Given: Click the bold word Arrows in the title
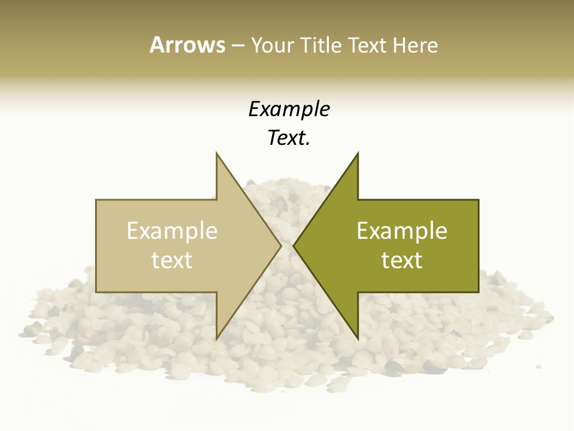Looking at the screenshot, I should coord(187,45).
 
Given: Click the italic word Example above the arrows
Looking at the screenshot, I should coord(289,110).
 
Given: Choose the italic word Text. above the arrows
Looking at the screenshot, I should coord(289,138).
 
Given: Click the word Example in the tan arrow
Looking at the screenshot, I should coord(172,231).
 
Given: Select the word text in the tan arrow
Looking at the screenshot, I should coord(172,260).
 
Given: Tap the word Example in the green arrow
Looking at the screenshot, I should coord(402,231).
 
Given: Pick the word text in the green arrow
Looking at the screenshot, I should coord(402,260).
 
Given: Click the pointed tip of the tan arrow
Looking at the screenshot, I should coord(281,245).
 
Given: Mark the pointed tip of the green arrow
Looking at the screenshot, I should coord(294,245).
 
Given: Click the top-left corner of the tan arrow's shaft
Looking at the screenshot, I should coord(96,200).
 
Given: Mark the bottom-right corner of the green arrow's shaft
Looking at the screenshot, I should coord(478,292).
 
